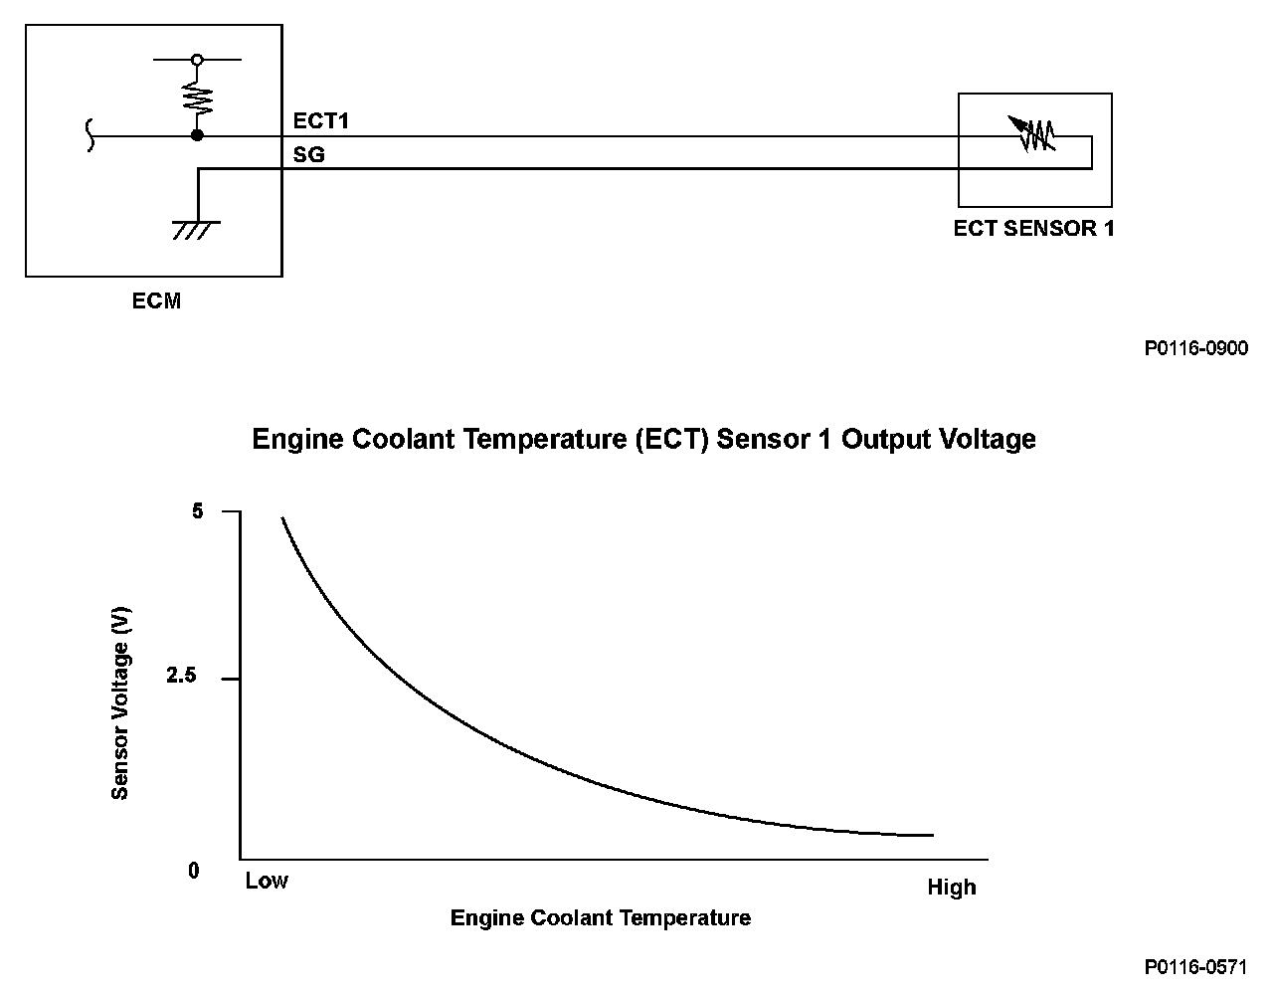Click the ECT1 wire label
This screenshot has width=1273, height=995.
click(x=320, y=121)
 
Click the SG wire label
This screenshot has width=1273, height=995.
click(x=308, y=155)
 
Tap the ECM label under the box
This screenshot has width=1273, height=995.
click(x=156, y=300)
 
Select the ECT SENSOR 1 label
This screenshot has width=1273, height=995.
click(x=1033, y=229)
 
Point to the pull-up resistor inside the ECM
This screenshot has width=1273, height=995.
click(x=197, y=98)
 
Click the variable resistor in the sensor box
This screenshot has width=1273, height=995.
click(x=1031, y=134)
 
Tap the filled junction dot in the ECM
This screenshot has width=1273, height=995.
click(x=197, y=135)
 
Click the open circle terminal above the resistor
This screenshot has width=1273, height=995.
click(x=197, y=60)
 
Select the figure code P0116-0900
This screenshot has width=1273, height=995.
click(x=1195, y=348)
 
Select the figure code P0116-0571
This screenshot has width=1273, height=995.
click(x=1195, y=967)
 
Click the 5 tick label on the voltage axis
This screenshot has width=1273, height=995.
click(x=197, y=511)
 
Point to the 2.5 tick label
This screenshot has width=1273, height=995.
click(x=182, y=677)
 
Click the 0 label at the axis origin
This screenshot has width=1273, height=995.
click(x=194, y=871)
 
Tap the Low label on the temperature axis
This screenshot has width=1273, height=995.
click(x=267, y=881)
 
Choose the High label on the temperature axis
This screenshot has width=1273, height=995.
click(x=952, y=888)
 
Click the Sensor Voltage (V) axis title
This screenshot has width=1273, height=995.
click(x=120, y=704)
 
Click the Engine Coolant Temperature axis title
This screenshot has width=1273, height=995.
click(x=601, y=917)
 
